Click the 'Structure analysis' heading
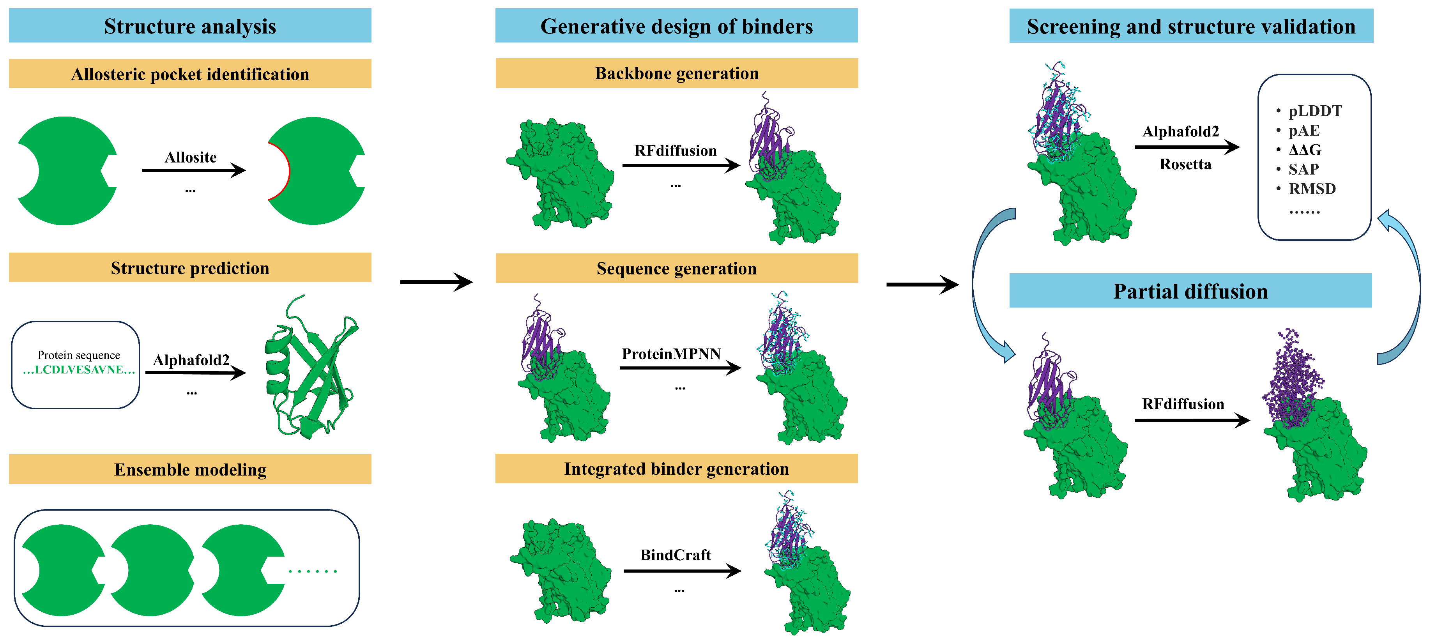(x=190, y=26)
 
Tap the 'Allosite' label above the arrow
(x=190, y=157)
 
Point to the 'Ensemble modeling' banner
(x=190, y=469)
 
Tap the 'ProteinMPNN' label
(x=671, y=354)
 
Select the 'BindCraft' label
(x=675, y=555)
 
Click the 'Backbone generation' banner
(x=676, y=73)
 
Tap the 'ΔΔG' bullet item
(x=1304, y=150)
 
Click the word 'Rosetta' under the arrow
(x=1185, y=164)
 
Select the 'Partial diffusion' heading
(x=1190, y=291)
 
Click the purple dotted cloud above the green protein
(x=1291, y=377)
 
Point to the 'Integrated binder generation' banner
(x=676, y=469)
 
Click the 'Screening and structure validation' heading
(x=1190, y=26)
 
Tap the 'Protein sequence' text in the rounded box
(x=79, y=355)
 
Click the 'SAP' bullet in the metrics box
(x=1303, y=169)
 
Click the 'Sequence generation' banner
(x=676, y=269)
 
